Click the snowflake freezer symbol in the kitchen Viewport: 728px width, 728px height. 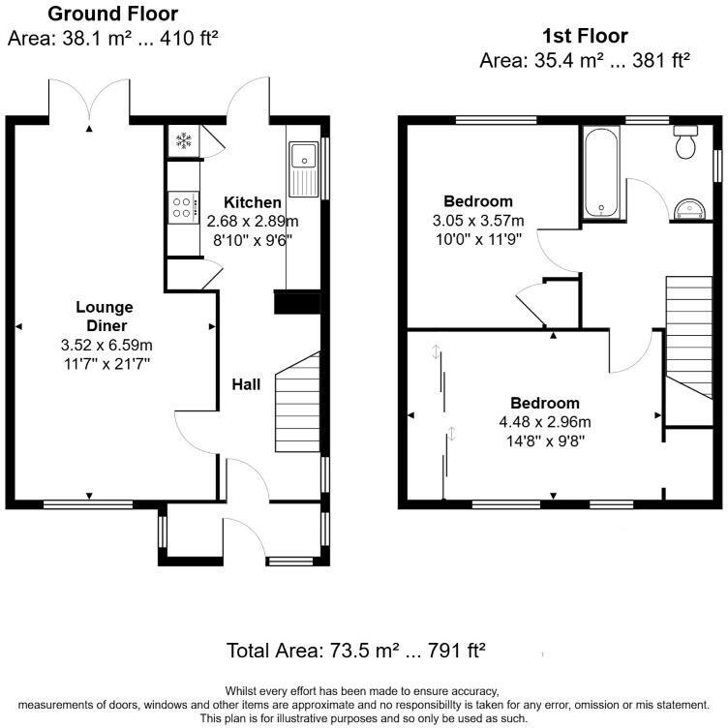(182, 141)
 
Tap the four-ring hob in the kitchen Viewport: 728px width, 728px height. (182, 205)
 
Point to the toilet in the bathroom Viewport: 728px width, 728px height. (686, 141)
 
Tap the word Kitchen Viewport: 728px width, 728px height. (253, 202)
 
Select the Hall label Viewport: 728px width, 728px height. (246, 384)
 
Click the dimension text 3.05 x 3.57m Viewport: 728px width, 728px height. (477, 220)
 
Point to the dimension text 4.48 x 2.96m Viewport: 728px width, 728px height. (545, 421)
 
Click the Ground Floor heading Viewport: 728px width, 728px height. (112, 14)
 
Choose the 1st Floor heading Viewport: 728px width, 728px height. (584, 37)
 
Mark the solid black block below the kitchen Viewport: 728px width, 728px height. (296, 303)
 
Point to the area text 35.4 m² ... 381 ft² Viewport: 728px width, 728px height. (584, 60)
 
